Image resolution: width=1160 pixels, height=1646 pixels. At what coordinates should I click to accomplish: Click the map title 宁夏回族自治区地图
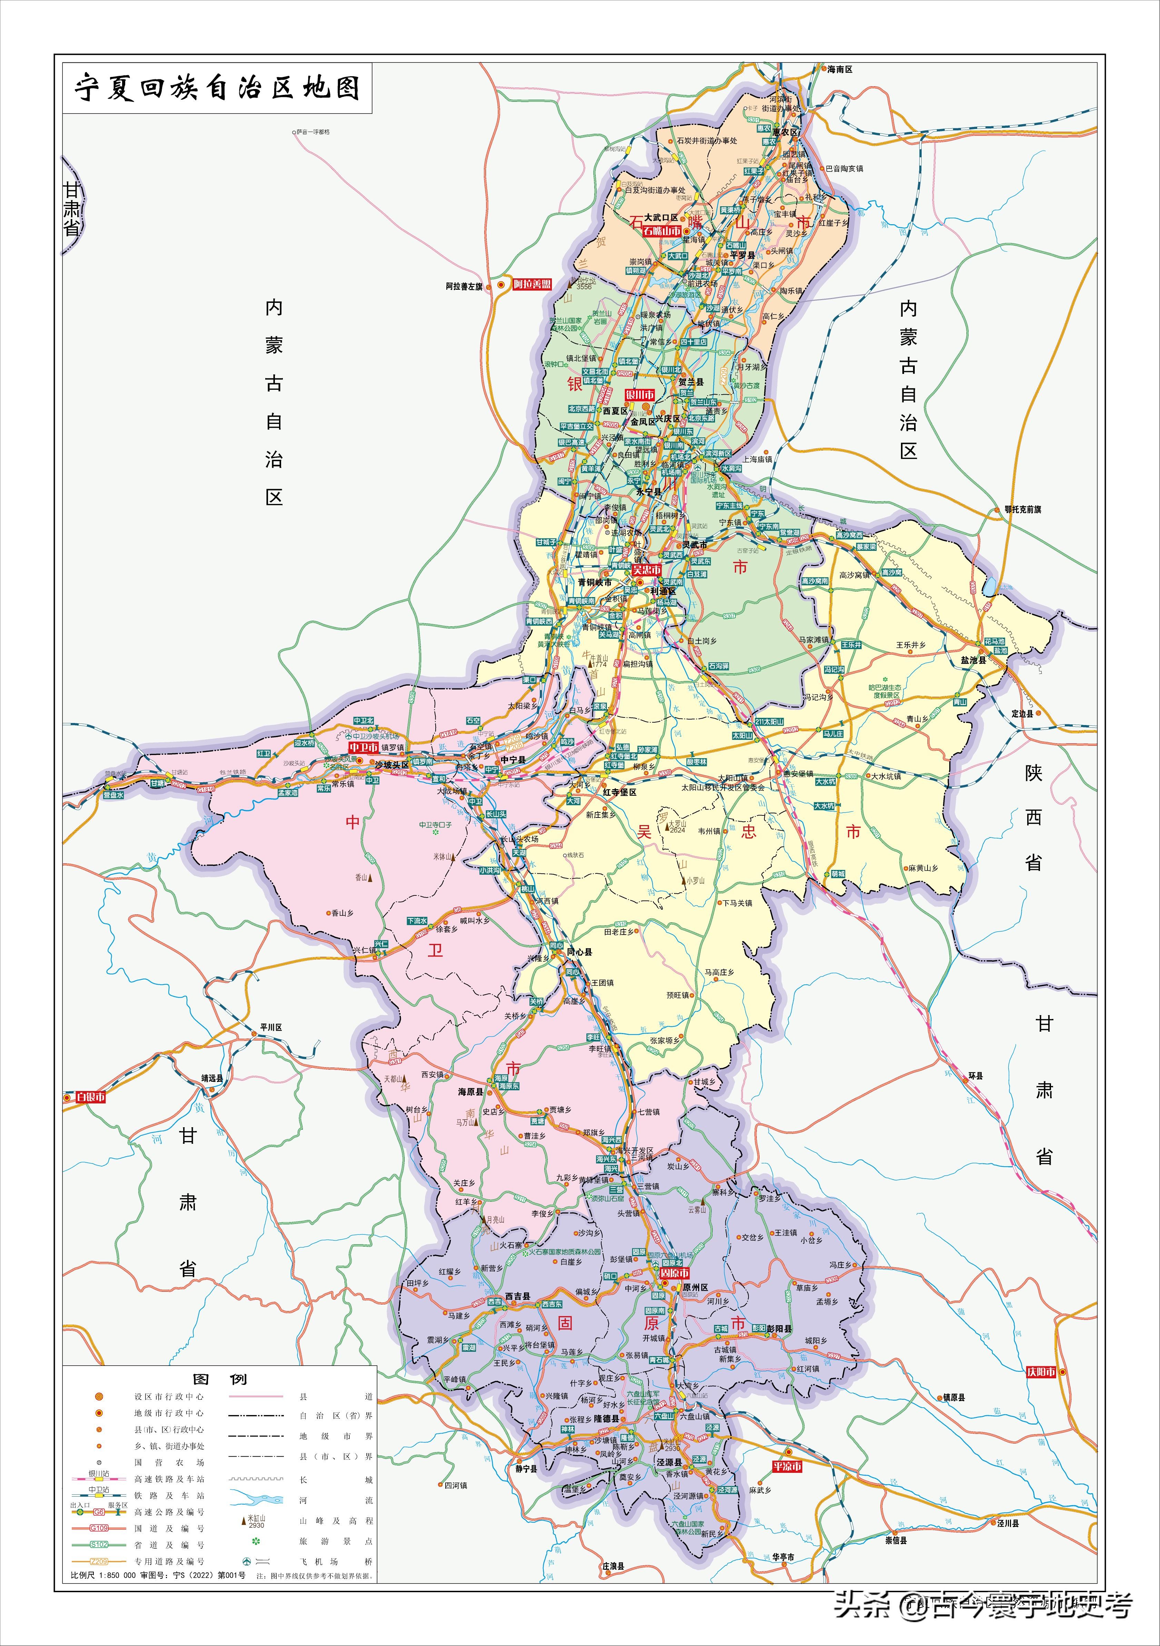[217, 88]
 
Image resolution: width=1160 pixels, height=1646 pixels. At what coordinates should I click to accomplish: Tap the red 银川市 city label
[640, 395]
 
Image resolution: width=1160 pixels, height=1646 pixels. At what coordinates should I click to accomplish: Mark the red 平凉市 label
[786, 1467]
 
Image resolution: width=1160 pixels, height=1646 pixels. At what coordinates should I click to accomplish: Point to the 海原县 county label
[471, 1092]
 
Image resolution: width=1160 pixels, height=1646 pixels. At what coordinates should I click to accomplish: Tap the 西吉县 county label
[518, 1296]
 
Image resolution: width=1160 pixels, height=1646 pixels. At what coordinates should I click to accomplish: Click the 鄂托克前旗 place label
[1022, 510]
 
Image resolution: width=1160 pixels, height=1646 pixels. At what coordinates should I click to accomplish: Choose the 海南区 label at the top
[840, 70]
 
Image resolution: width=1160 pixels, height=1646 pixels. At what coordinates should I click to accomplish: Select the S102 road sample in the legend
[99, 1545]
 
